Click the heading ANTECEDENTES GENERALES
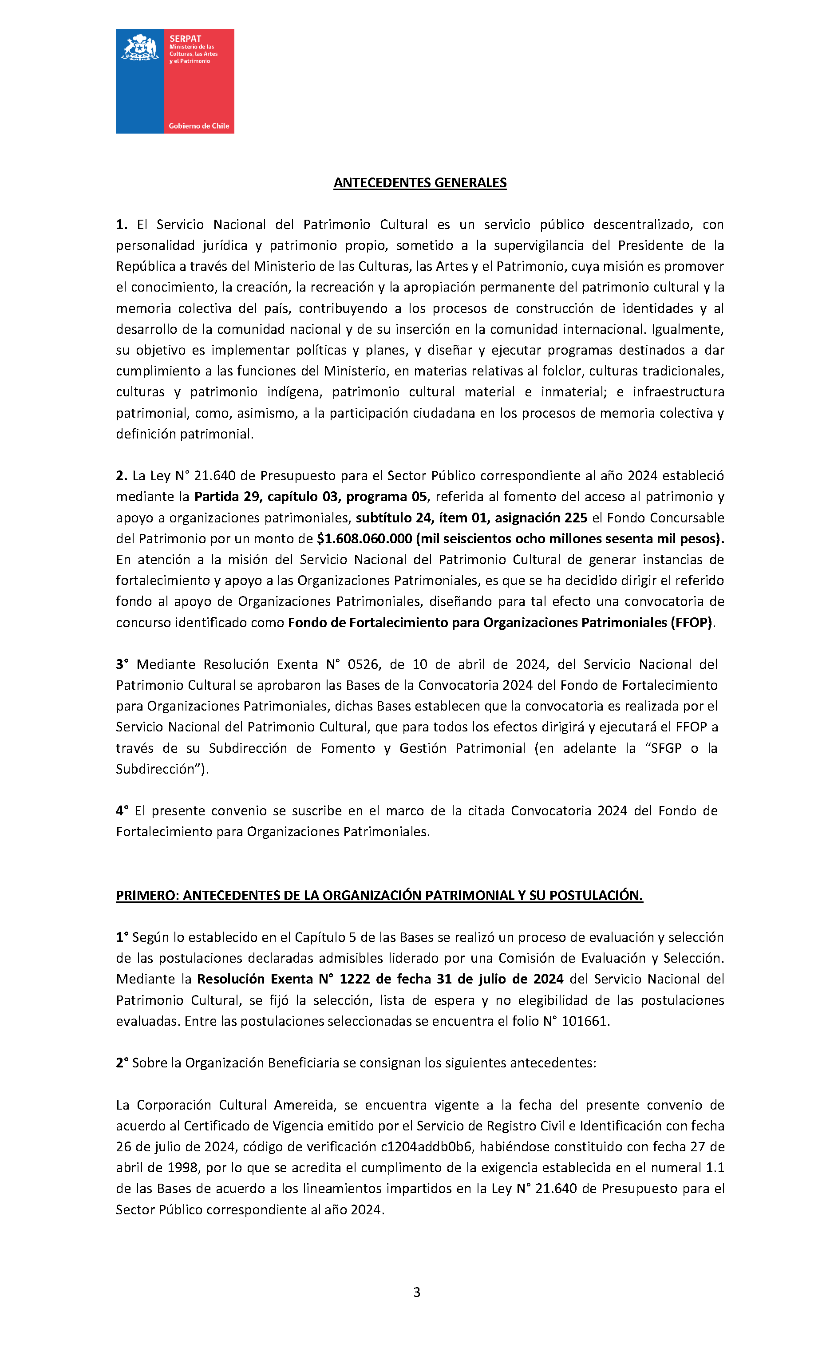419,183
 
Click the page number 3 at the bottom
417,1292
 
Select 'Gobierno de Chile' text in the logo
199,126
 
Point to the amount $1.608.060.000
364,539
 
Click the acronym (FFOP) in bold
691,622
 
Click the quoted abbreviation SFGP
665,748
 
